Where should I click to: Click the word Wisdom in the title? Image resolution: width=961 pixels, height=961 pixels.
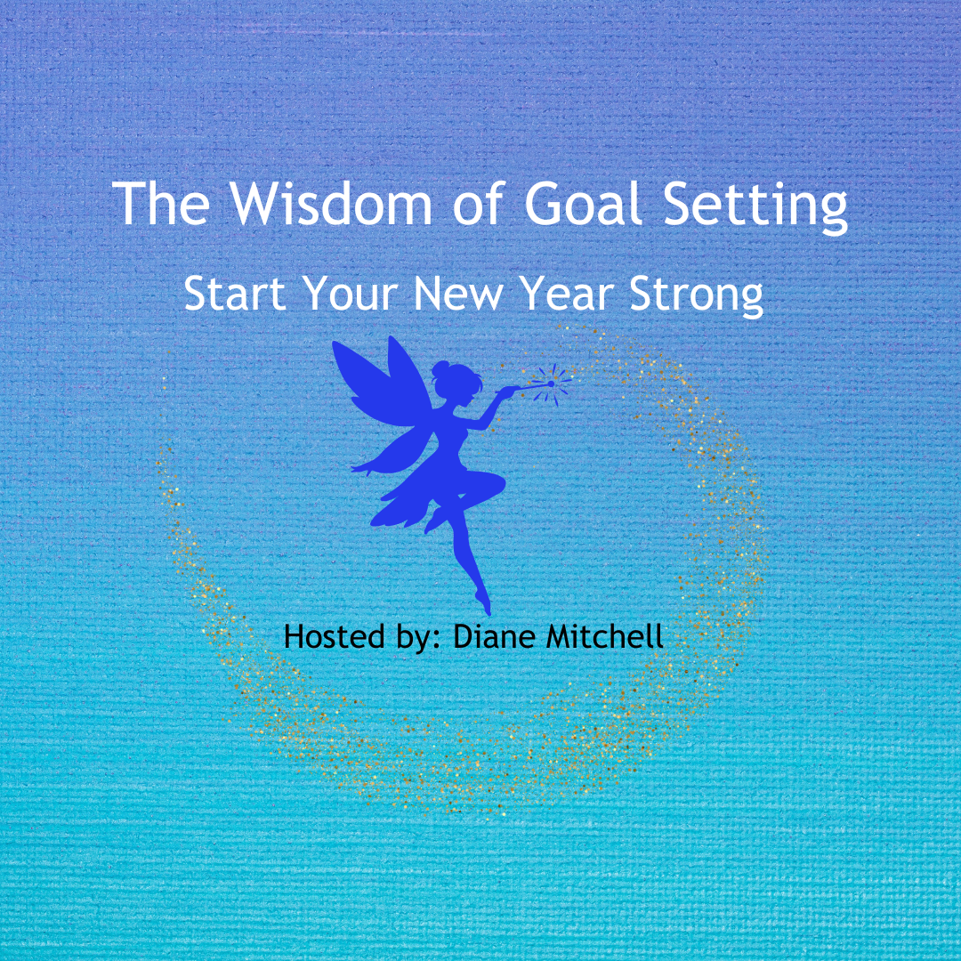pos(331,204)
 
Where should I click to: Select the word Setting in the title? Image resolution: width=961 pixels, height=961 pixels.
pos(756,207)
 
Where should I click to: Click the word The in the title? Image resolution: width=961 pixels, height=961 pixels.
pos(161,204)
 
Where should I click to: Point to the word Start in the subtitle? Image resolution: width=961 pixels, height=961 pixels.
pos(235,293)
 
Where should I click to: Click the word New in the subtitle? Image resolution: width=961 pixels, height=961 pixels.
pos(458,293)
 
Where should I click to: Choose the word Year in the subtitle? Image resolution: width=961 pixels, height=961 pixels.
pos(567,293)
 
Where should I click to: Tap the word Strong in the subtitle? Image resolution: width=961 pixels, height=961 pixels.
pos(697,296)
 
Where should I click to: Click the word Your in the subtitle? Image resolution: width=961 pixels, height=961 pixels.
pos(351,293)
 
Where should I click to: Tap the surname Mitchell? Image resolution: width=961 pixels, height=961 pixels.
pos(605,636)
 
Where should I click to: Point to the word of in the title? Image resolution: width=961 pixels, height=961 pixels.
pos(479,204)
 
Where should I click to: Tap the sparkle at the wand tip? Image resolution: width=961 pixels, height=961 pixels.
pos(552,384)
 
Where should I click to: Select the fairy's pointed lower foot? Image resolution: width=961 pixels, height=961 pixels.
pos(484,603)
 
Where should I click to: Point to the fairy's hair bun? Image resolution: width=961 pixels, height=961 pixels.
pos(440,369)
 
